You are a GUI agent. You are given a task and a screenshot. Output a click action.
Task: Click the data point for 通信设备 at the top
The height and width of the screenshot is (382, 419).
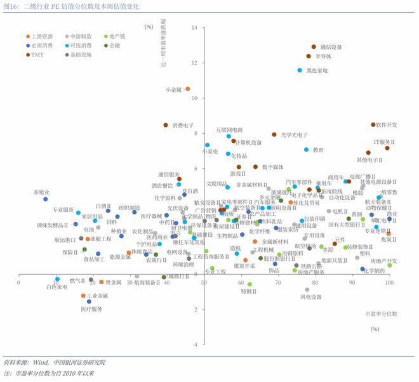click(x=314, y=46)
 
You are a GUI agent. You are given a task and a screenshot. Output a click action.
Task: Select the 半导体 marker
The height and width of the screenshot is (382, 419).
click(x=309, y=56)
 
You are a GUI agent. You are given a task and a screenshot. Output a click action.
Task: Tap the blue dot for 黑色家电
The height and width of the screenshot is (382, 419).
click(x=300, y=70)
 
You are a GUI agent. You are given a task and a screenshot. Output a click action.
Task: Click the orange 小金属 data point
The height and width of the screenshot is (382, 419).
click(x=187, y=89)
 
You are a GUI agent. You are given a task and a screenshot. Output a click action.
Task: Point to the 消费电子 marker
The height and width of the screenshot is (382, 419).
click(x=166, y=125)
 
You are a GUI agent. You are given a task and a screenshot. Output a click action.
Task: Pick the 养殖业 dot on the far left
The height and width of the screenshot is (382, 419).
click(x=46, y=199)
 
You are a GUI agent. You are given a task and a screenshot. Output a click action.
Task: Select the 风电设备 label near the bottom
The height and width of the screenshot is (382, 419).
click(x=310, y=296)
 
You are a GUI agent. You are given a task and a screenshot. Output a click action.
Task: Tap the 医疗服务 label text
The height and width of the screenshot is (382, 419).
click(x=91, y=308)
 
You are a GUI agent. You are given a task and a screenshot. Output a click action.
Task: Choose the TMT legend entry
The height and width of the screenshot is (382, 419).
click(x=38, y=55)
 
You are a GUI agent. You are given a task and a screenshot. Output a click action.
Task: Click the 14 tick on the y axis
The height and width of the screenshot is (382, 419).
click(x=195, y=27)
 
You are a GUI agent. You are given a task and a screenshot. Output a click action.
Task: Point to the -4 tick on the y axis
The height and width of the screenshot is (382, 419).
click(x=195, y=345)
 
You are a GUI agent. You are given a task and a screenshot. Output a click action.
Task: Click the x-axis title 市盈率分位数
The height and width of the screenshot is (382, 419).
click(x=381, y=314)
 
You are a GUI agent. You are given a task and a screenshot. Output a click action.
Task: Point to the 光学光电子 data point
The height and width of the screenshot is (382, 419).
click(x=274, y=135)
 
